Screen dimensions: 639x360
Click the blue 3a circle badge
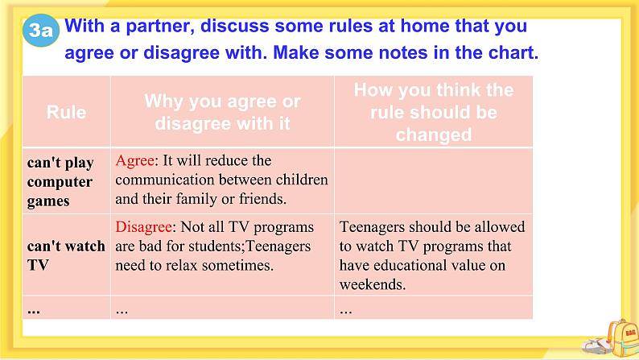click(x=41, y=30)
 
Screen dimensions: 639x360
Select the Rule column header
click(x=66, y=112)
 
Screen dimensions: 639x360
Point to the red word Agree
click(x=135, y=161)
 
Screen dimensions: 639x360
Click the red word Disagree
click(x=143, y=226)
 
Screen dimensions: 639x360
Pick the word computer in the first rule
click(x=60, y=182)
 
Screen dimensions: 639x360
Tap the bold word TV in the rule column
click(x=38, y=265)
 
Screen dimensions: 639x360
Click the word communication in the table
click(x=165, y=180)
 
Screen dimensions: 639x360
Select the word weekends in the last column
click(x=373, y=284)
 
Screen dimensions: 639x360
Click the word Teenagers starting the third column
click(x=372, y=227)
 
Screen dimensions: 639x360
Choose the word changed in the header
click(x=434, y=135)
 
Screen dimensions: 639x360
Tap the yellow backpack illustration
click(x=623, y=337)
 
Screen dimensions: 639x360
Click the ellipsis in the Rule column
click(x=34, y=311)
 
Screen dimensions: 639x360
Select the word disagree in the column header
click(x=193, y=123)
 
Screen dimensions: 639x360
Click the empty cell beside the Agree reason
click(x=433, y=180)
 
